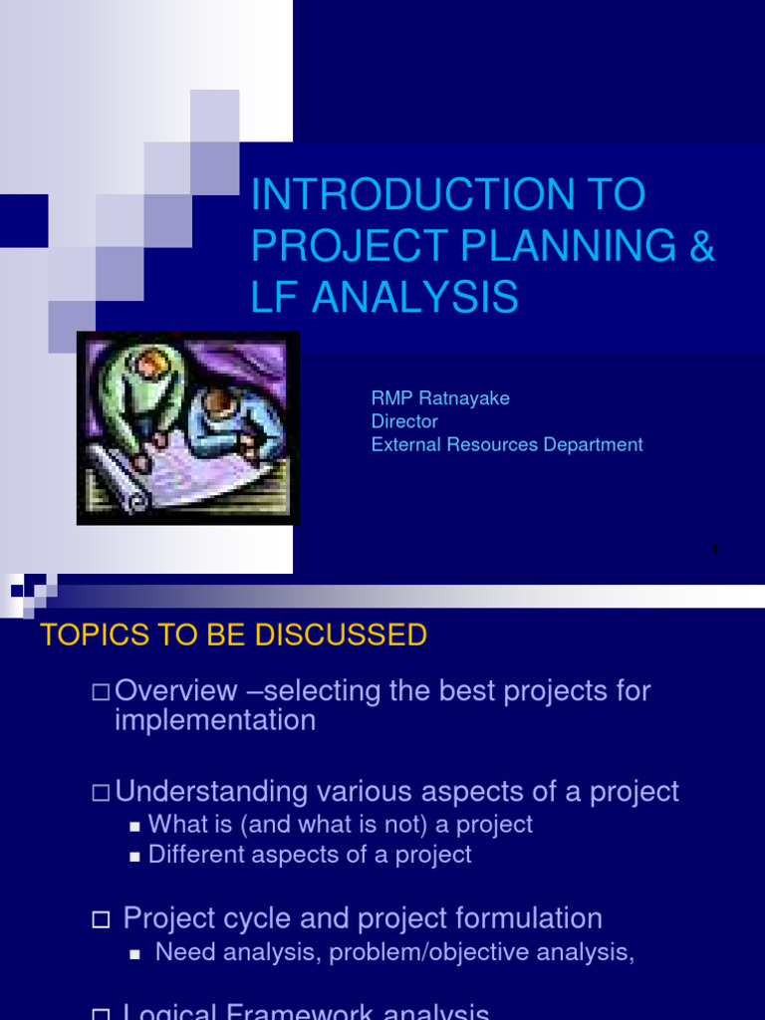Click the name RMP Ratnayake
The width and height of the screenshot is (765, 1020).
(x=440, y=398)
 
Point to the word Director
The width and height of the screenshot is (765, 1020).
(x=404, y=421)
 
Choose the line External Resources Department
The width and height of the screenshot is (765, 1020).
(x=507, y=444)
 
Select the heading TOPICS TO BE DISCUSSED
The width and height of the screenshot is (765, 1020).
(x=233, y=636)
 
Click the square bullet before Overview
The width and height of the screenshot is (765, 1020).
(x=100, y=691)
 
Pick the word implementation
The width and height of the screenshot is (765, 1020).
(x=215, y=720)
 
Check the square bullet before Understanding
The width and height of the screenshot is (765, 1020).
(x=100, y=793)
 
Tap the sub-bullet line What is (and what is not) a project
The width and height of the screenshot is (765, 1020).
(x=340, y=825)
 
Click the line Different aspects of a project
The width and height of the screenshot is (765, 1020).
(x=309, y=855)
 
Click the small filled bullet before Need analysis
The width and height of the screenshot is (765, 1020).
(x=135, y=954)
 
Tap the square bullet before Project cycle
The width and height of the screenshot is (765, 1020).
(x=100, y=920)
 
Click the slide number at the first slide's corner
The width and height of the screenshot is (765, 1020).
(x=715, y=549)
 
